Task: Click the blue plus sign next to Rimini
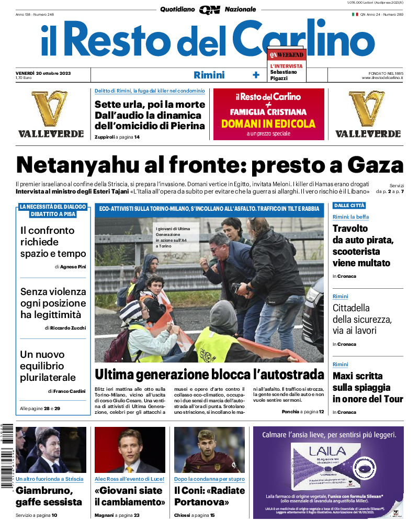pos(256,75)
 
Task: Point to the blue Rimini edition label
pos(209,75)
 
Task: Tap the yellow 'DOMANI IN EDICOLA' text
pos(268,124)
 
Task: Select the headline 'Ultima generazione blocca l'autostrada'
pos(209,375)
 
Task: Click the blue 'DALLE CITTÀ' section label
pos(349,206)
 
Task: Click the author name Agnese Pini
pos(73,266)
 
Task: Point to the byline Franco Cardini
pos(68,391)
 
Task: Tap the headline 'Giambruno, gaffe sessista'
pos(49,496)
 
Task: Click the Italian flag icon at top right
pos(355,15)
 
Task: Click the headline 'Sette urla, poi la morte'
pos(150,104)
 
